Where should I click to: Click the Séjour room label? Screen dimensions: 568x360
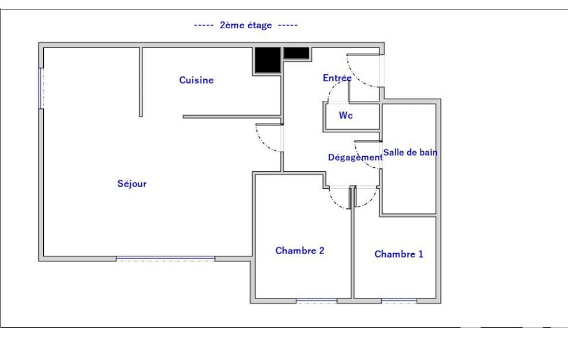click(x=132, y=184)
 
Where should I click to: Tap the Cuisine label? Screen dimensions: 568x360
click(x=196, y=80)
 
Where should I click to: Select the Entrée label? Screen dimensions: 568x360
click(x=337, y=78)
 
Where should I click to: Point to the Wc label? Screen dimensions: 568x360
click(x=346, y=115)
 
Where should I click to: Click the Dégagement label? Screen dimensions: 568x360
click(x=355, y=157)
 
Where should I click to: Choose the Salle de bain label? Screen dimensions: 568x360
click(x=410, y=152)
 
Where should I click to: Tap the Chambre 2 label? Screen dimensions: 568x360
click(x=300, y=251)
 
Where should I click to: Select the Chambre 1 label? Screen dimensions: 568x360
click(x=399, y=254)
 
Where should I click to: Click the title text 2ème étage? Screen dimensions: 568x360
click(x=246, y=25)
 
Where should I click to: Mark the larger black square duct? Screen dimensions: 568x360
click(x=268, y=59)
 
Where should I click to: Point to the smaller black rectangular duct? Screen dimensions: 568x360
click(x=296, y=53)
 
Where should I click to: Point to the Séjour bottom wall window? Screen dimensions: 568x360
click(x=166, y=259)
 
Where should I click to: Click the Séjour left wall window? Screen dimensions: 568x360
click(x=41, y=88)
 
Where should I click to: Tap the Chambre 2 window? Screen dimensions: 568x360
click(x=316, y=301)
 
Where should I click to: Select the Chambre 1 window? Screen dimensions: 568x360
click(x=399, y=301)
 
